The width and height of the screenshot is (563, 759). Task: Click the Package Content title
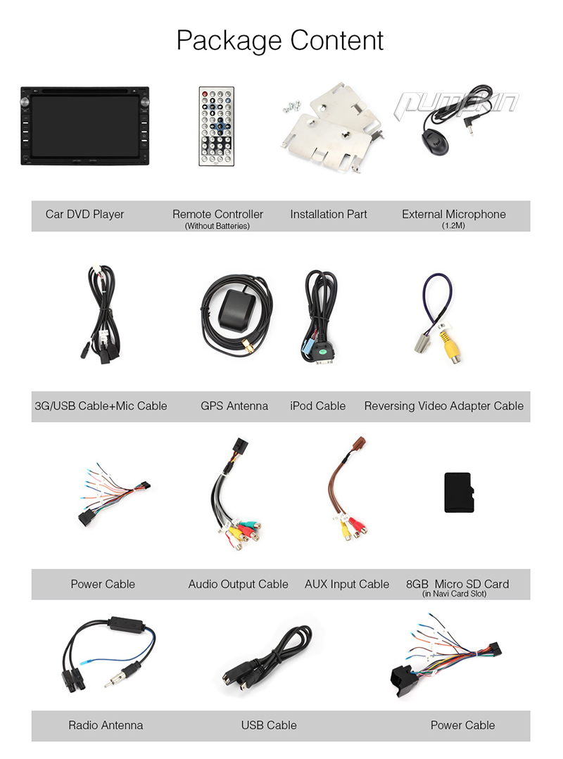coord(280,41)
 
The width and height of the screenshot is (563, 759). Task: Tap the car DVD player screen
coord(84,127)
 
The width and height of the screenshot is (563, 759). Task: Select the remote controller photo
coord(216,127)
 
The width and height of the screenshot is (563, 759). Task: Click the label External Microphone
coord(454,214)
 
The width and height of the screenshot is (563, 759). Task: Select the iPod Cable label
coord(317,406)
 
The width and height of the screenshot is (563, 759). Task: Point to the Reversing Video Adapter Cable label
coord(444,406)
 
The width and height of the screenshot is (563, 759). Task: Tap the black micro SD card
coord(457,493)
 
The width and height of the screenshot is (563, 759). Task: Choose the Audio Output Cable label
coord(238,584)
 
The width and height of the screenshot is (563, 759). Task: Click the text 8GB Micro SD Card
coord(457,584)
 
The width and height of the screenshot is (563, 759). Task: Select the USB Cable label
coord(269,725)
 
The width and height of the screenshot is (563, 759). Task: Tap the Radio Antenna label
coord(106,725)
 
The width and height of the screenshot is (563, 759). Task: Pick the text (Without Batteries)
coord(217,226)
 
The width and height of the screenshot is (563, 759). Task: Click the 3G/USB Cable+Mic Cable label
coord(101,406)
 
